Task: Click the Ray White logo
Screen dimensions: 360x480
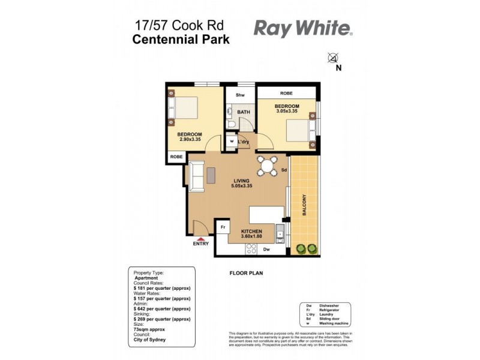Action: [x=303, y=28]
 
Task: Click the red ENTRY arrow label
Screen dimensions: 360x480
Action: [x=200, y=242]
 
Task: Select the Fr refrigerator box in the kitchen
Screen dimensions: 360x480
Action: [x=223, y=227]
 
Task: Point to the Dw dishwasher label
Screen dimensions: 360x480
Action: [x=266, y=248]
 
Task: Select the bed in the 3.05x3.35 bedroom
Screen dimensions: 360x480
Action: [x=299, y=130]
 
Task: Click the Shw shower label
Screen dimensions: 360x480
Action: [x=240, y=95]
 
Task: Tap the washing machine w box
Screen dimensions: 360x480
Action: [x=232, y=142]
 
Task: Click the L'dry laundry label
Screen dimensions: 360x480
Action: [x=244, y=142]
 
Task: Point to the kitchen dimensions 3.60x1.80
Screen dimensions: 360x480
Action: [x=253, y=236]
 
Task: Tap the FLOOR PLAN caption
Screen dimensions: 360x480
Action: [x=246, y=273]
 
